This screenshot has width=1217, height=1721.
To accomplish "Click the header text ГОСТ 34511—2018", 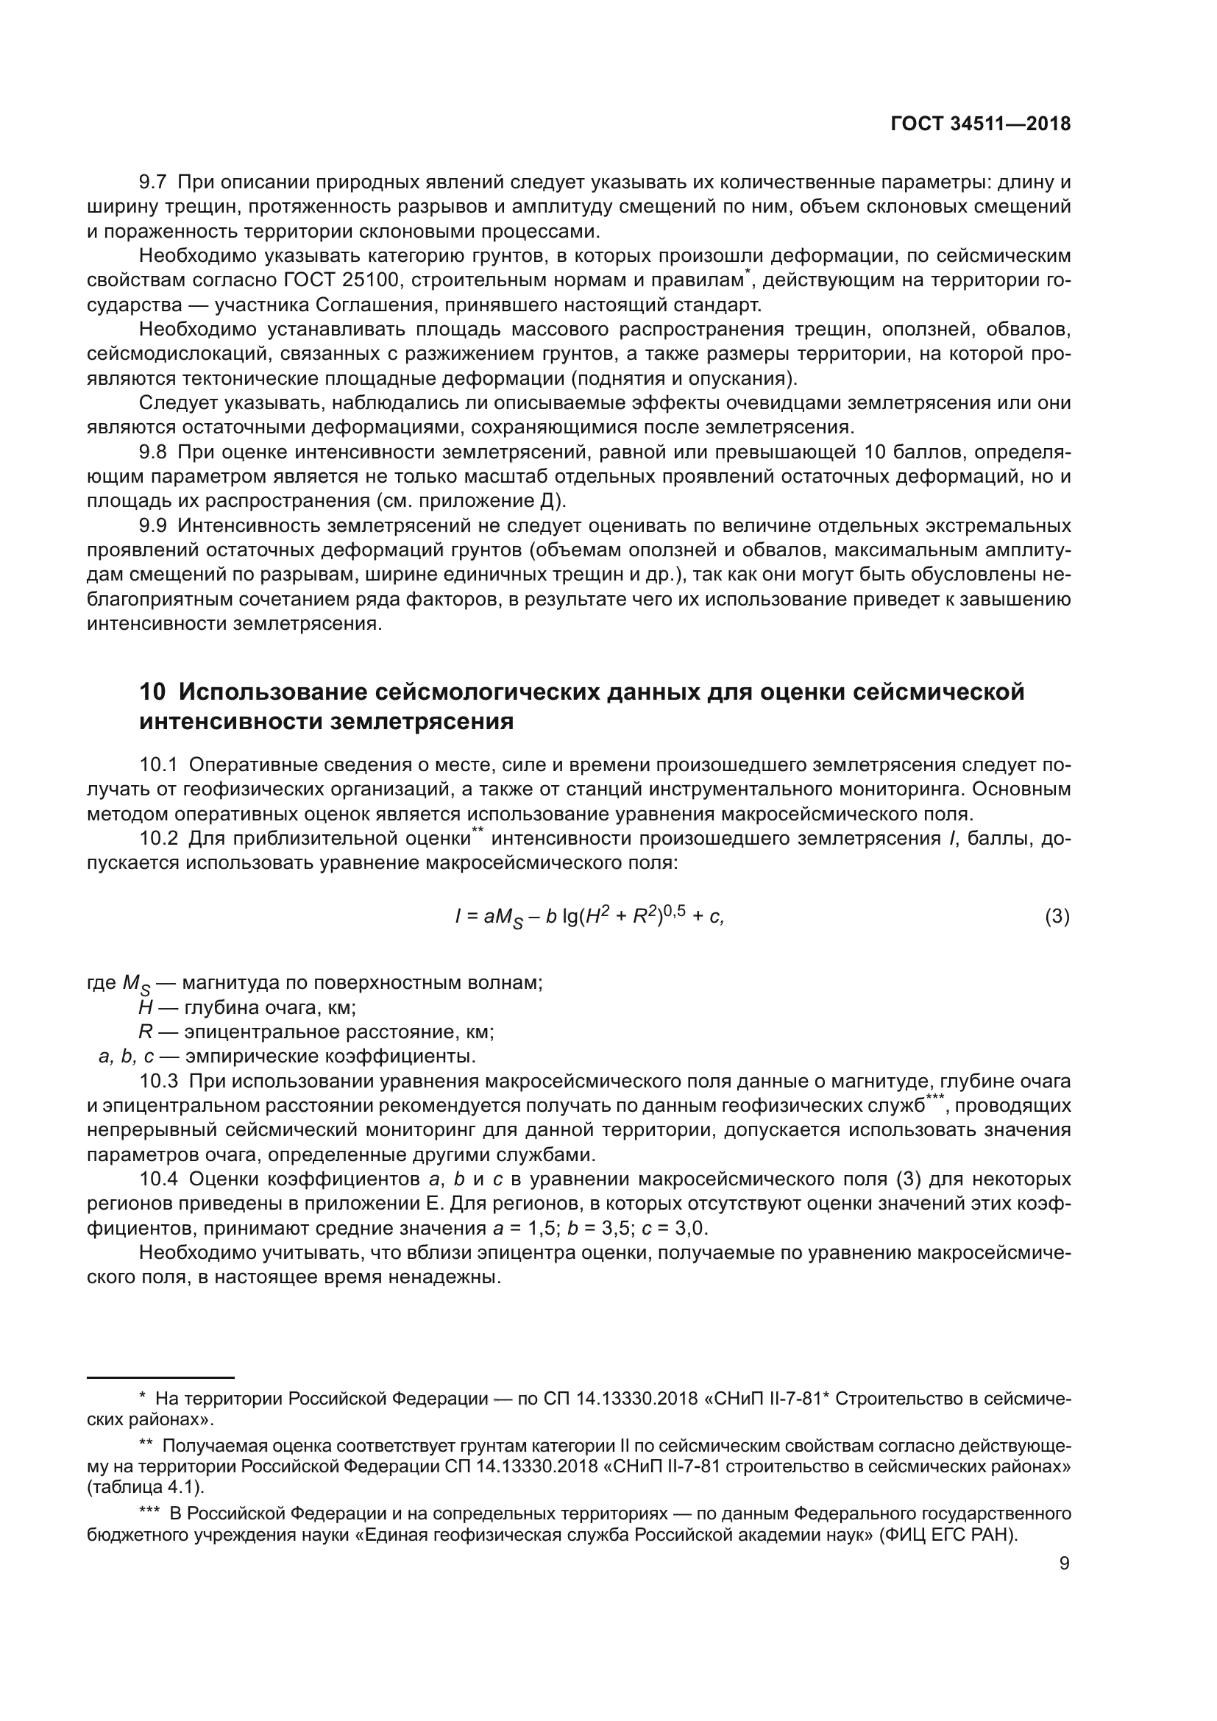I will coord(980,124).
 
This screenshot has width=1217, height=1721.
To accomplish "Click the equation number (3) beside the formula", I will coord(1057,917).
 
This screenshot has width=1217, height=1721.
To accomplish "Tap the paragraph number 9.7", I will coord(153,182).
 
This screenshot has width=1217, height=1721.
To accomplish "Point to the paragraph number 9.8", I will coord(153,452).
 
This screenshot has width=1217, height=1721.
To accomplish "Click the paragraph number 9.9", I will coord(153,525).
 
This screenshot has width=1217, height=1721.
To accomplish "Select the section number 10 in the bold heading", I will coord(152,691).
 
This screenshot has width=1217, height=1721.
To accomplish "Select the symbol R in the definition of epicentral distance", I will coord(146,1032).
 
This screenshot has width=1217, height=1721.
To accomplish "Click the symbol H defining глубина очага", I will coord(146,1007).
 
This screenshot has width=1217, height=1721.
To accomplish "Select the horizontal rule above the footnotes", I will coord(161,1377).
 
